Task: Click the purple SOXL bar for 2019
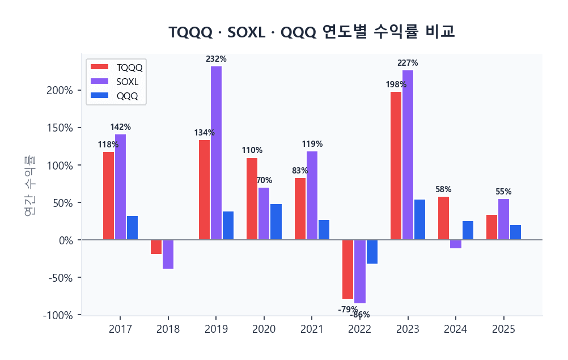tap(216, 153)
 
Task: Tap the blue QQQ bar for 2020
tap(276, 222)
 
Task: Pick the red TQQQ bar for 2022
tap(347, 269)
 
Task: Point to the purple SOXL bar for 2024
tap(456, 244)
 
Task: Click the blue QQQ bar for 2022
tap(372, 252)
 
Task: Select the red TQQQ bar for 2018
tap(156, 247)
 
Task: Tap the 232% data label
tap(216, 59)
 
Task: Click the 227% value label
tap(408, 63)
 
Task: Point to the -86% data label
tap(360, 315)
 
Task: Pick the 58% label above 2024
tap(443, 189)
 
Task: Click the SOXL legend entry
tap(116, 82)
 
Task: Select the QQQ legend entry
tap(116, 96)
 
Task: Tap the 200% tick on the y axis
tap(59, 91)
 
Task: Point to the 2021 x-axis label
tap(312, 329)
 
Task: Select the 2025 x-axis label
tap(503, 329)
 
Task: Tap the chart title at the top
tap(312, 32)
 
